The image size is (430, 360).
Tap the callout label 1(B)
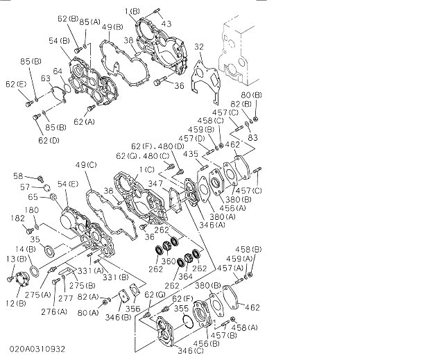tap(132, 12)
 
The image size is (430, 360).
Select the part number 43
tap(166, 24)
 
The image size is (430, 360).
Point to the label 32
tap(198, 47)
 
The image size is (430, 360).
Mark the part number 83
tap(252, 137)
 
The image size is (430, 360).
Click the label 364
tap(186, 276)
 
